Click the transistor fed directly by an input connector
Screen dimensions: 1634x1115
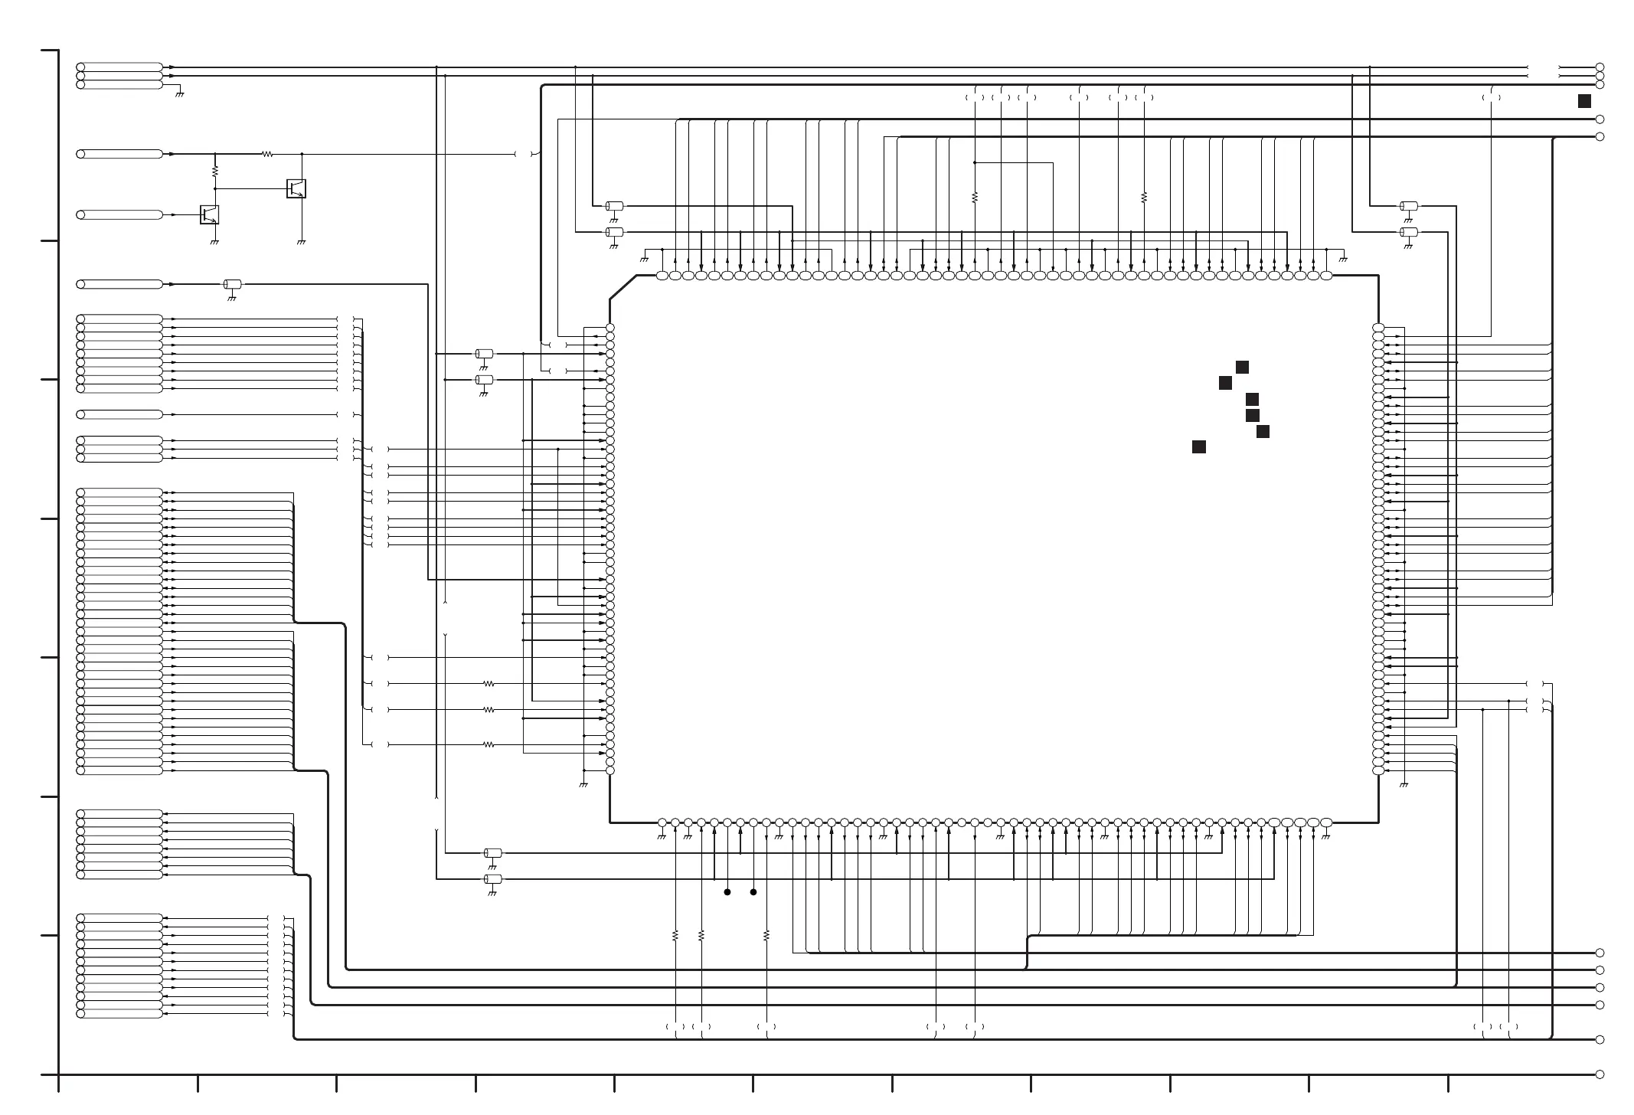[x=209, y=214]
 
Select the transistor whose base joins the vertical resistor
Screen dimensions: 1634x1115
[x=296, y=188]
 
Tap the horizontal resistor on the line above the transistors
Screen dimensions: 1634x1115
[x=267, y=154]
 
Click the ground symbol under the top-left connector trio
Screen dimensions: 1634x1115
[x=179, y=94]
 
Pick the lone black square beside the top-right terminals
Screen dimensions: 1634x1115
[x=1584, y=101]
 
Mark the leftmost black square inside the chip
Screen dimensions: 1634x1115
[x=1199, y=447]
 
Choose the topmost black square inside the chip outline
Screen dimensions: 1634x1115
[x=1242, y=368]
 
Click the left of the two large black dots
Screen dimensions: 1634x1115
[x=727, y=892]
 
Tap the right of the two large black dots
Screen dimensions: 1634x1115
[x=753, y=892]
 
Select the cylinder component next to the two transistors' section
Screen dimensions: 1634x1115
[x=232, y=285]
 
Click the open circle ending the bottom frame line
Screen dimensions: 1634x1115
[x=1600, y=1074]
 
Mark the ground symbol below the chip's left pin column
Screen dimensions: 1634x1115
[x=583, y=785]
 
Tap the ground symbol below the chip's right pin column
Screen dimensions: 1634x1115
[x=1404, y=785]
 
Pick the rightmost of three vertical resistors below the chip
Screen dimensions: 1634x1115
[x=766, y=936]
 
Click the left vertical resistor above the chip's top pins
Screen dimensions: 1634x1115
[x=975, y=198]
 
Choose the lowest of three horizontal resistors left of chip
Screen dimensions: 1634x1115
[x=489, y=744]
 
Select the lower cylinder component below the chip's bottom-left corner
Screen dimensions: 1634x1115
[x=493, y=879]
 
